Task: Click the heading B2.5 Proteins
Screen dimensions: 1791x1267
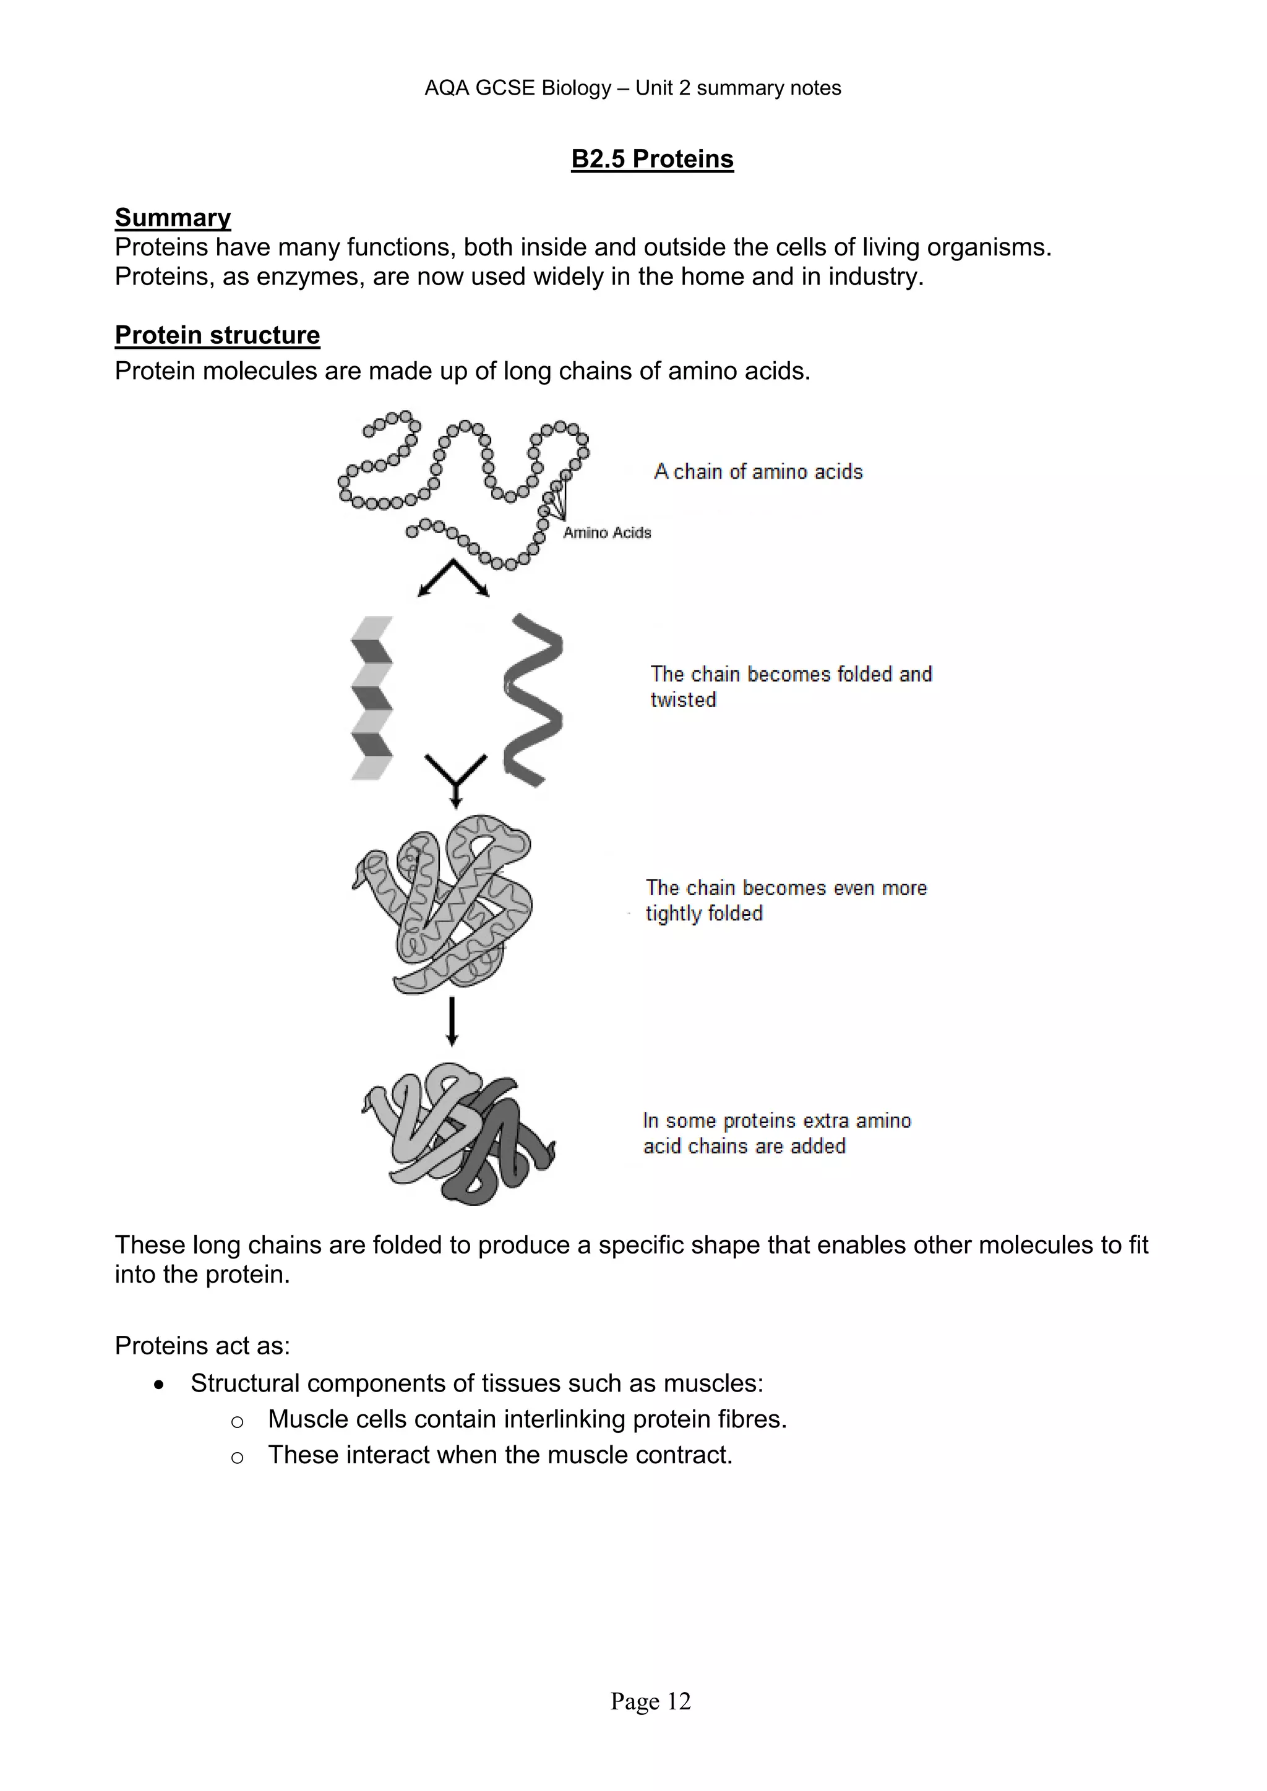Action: click(651, 159)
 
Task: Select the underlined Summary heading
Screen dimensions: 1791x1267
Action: click(173, 218)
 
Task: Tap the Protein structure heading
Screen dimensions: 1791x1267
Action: click(217, 335)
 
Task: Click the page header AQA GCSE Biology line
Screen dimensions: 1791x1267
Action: click(633, 88)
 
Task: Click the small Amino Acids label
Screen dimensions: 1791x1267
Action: click(607, 532)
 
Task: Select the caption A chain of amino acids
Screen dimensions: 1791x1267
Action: click(758, 472)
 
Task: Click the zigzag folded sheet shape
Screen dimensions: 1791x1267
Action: click(372, 698)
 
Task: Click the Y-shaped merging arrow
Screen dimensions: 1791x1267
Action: click(455, 776)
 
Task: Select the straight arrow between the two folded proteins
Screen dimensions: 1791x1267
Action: click(451, 1021)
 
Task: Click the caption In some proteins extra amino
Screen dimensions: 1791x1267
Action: click(776, 1121)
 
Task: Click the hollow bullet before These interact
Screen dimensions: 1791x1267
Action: click(237, 1457)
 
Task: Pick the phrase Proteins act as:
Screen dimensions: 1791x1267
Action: click(202, 1346)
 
